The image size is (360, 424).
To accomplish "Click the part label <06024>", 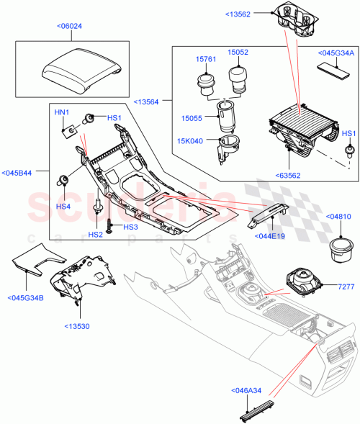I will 68,27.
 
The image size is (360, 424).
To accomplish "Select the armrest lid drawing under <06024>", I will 79,66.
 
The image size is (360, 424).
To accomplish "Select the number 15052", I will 238,53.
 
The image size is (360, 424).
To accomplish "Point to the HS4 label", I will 64,206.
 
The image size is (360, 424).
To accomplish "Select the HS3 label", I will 130,227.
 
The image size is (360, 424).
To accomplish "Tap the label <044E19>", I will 267,235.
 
